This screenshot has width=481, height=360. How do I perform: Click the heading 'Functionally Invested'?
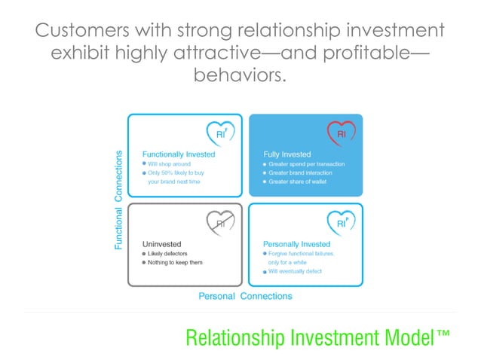[x=179, y=154]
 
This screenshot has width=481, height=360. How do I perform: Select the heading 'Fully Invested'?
[x=287, y=154]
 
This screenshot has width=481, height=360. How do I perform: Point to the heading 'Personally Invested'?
[x=296, y=244]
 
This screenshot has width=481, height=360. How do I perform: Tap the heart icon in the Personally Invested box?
[x=341, y=222]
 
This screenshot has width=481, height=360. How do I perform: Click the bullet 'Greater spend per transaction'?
[x=302, y=163]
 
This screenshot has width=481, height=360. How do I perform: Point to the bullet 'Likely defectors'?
[x=167, y=253]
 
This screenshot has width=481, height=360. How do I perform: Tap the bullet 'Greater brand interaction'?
[x=299, y=172]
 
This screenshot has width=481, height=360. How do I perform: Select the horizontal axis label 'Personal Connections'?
[x=245, y=296]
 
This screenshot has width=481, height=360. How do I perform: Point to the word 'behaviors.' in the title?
[x=240, y=75]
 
